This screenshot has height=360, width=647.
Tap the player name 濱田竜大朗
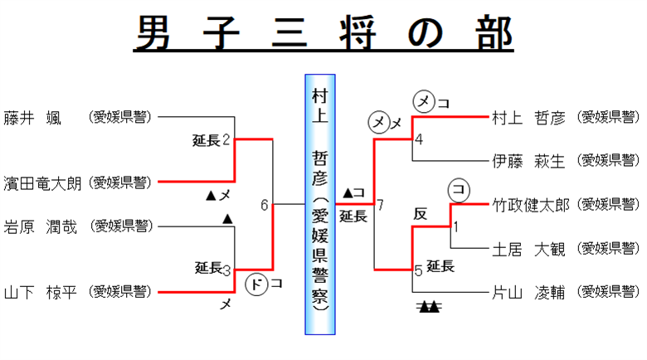coord(42,182)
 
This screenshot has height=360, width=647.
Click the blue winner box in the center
coord(319,204)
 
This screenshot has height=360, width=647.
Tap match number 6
coord(265,205)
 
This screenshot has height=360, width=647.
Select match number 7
coord(380,205)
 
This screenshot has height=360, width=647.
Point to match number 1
coord(456,226)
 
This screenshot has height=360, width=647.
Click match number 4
coord(419,139)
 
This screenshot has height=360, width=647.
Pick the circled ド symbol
coord(257,284)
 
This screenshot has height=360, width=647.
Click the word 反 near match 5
coord(421,213)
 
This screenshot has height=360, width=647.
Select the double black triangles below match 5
coord(428,307)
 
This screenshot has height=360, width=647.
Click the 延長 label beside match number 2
coord(207,140)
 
